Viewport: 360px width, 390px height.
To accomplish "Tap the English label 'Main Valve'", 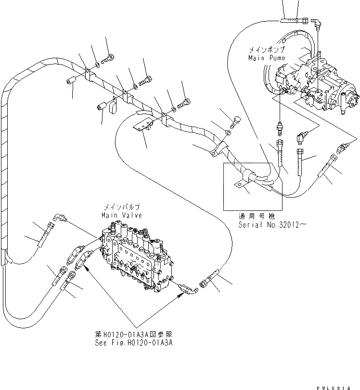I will (x=121, y=215).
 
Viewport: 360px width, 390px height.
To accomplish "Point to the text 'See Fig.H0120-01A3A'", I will (x=134, y=342).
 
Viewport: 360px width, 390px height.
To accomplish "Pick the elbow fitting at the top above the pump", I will (x=317, y=23).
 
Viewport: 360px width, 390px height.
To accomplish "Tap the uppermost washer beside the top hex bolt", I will (x=98, y=64).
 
